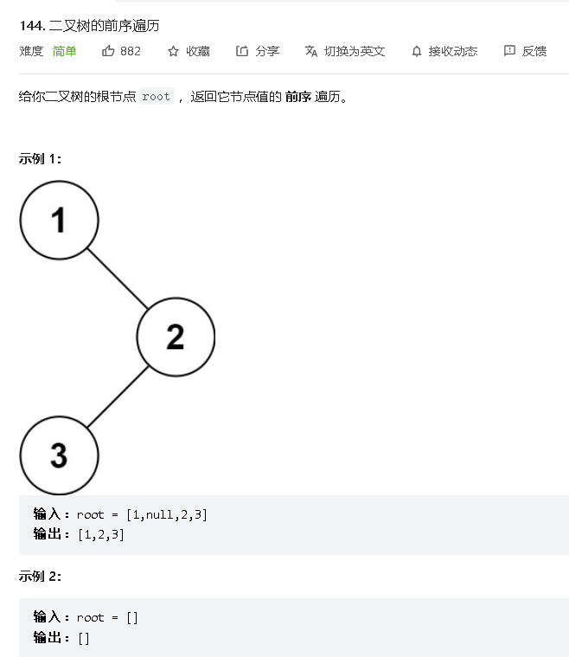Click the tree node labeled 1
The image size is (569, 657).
(59, 220)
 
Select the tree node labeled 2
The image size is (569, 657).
(176, 336)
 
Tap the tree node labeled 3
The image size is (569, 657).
(59, 455)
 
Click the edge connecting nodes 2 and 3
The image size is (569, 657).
(118, 396)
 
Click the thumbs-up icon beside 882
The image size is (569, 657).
(108, 51)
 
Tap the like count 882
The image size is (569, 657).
(131, 51)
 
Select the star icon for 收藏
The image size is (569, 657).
(174, 51)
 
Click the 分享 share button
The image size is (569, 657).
(258, 51)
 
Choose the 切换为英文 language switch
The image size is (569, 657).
(345, 51)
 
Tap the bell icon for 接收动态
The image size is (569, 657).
(417, 51)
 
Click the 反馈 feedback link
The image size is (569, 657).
(525, 51)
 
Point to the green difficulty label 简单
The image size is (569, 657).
(65, 51)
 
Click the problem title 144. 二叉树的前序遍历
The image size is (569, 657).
(89, 25)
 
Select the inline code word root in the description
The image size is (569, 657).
(157, 97)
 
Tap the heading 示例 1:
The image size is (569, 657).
(40, 158)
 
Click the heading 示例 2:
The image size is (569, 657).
(40, 576)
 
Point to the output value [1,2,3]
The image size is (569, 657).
(101, 534)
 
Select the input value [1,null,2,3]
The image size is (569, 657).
(167, 514)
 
